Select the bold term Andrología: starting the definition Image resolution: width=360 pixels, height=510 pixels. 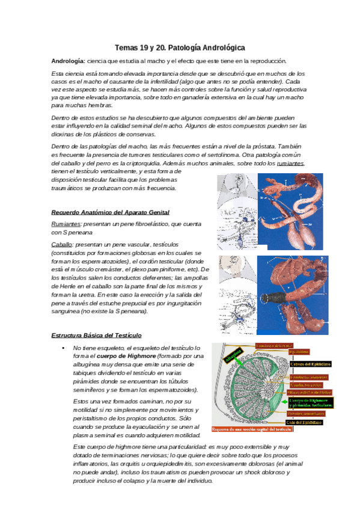pos(69,61)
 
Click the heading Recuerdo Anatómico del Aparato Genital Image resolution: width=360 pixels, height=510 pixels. pos(111,212)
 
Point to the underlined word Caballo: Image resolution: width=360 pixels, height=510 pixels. pos(63,244)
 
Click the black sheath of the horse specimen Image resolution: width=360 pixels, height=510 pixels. pos(281,296)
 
